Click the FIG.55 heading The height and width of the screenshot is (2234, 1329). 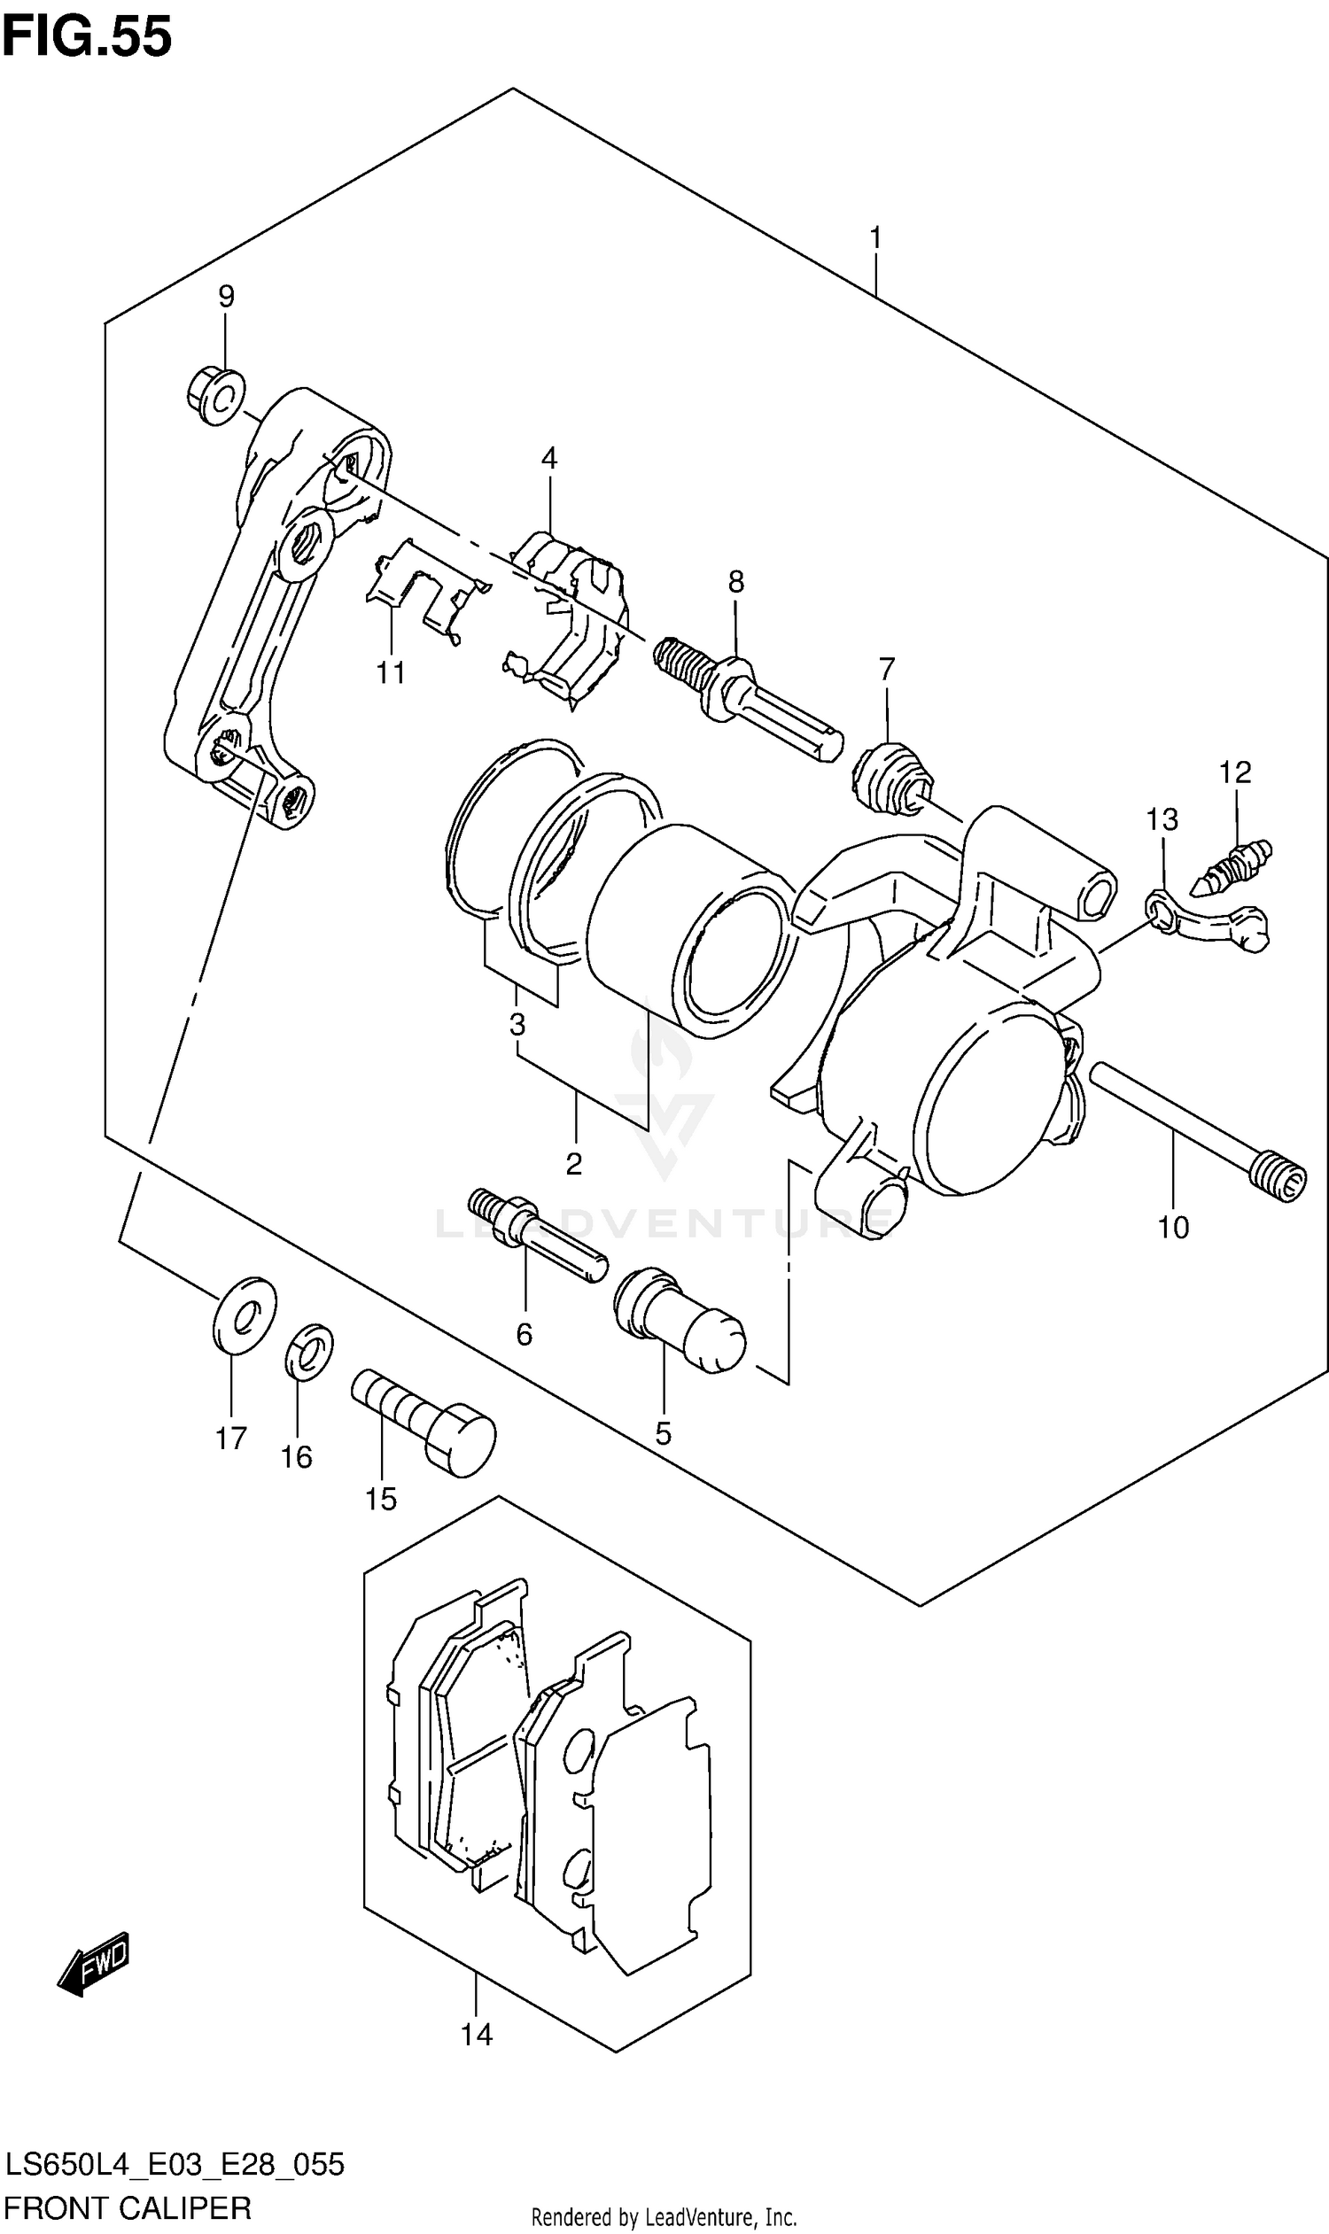pos(86,37)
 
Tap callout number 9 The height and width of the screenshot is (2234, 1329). pos(226,297)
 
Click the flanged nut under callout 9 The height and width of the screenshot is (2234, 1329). pos(216,396)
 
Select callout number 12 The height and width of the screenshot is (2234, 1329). pos(1235,772)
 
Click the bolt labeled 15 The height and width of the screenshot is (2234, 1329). pos(423,1420)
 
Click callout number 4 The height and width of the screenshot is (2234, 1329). pos(549,460)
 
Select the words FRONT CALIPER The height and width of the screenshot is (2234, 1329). pos(128,2208)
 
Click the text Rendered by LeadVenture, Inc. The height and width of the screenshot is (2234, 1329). pos(664,2217)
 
